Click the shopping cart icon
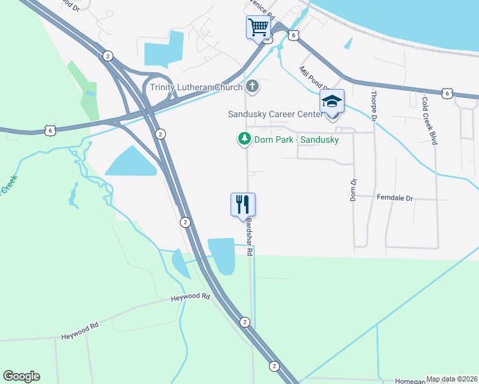click(x=258, y=28)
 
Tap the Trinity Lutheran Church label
click(x=196, y=88)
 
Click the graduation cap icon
click(x=332, y=101)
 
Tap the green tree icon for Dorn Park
click(x=244, y=138)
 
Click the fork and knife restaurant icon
click(x=243, y=205)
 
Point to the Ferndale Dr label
click(x=395, y=198)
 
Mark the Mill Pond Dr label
click(x=314, y=79)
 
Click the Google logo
click(x=21, y=376)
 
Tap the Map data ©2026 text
click(x=451, y=379)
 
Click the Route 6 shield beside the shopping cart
click(x=293, y=36)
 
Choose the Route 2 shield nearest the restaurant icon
click(x=185, y=222)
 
